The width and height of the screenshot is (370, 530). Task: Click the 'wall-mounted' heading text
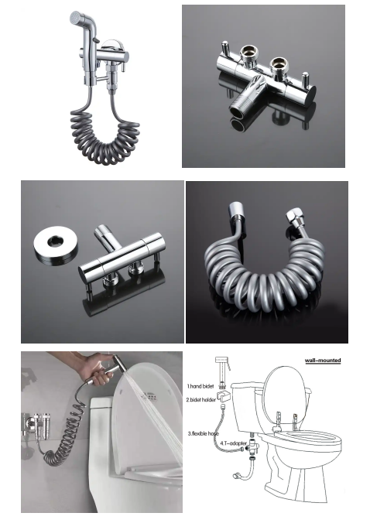tap(323, 361)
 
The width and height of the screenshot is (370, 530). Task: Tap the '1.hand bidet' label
tap(200, 386)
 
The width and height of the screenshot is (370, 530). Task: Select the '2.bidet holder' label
tap(201, 400)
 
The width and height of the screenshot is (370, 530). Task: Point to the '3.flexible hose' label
tap(204, 433)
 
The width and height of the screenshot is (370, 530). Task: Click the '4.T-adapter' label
tap(233, 443)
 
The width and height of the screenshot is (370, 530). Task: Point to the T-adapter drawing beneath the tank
tap(253, 446)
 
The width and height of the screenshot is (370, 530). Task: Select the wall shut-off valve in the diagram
tap(237, 476)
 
